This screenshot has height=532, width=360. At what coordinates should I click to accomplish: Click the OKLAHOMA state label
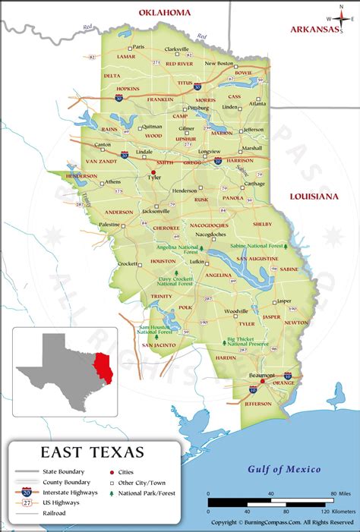coord(164,12)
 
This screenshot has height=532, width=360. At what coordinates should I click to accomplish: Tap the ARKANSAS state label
coord(314,30)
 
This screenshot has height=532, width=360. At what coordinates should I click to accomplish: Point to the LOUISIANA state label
coord(313,197)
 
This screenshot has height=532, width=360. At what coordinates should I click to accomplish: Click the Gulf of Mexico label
coord(284,469)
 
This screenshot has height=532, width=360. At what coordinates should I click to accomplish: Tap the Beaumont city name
coord(262,376)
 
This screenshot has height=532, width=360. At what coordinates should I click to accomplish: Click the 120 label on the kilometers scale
coord(333,513)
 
